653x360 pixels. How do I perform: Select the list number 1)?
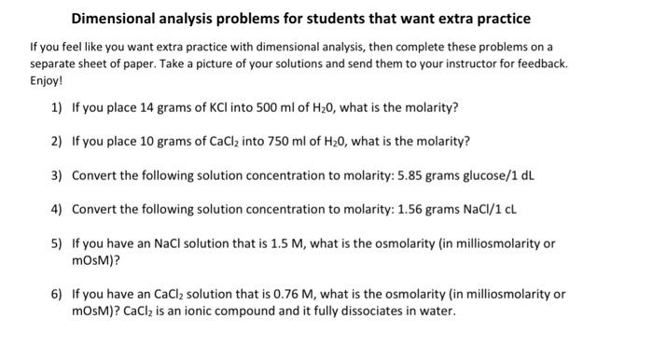point(58,107)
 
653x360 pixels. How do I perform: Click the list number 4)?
point(58,208)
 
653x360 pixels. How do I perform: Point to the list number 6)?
point(58,294)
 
